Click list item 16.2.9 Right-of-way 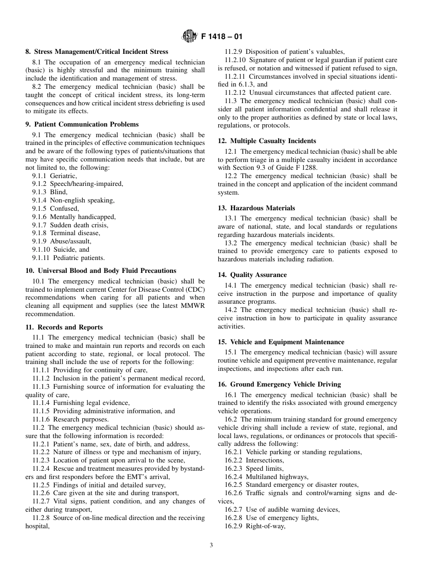[255, 526]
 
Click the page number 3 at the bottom [211, 546]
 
